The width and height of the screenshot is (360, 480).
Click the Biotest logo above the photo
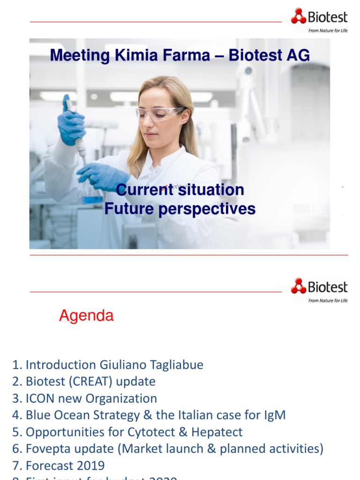coord(319,18)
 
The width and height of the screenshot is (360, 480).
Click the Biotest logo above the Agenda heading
coord(319,287)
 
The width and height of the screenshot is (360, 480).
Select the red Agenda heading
coord(86,316)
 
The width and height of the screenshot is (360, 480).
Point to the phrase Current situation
coord(180,190)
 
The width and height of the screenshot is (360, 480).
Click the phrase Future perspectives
coord(180,209)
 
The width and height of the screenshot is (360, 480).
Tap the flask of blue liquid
coord(92,196)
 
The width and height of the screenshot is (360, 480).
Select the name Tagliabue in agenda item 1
coord(174,365)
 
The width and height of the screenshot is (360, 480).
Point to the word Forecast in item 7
coord(48,466)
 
